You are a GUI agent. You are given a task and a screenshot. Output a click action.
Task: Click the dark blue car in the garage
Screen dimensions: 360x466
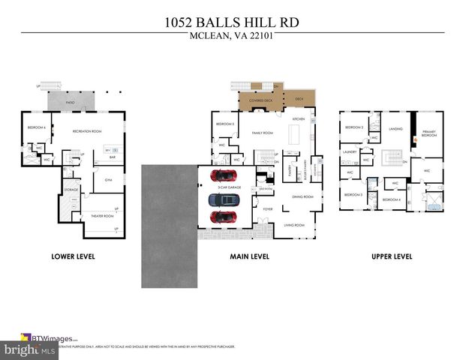tap(220, 199)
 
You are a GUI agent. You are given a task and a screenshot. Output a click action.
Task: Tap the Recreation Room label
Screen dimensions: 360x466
tap(86, 131)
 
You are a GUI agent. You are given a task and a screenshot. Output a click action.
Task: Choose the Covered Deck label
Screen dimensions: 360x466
tap(252, 99)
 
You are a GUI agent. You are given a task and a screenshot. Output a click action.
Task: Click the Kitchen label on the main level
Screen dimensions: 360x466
tap(297, 119)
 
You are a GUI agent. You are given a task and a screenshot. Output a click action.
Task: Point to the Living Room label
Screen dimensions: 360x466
tap(293, 225)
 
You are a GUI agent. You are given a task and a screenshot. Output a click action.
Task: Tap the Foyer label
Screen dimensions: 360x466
tap(267, 209)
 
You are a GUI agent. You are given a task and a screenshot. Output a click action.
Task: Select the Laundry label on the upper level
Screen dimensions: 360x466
tap(349, 151)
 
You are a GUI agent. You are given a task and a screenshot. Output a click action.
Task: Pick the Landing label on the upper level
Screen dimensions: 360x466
tap(395, 128)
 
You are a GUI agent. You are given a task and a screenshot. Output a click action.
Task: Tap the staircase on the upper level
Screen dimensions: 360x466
tap(391, 157)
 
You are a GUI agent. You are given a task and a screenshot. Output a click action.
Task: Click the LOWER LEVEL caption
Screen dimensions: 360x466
tap(73, 256)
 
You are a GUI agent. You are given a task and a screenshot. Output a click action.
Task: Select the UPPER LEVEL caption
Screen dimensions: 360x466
tap(391, 256)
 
